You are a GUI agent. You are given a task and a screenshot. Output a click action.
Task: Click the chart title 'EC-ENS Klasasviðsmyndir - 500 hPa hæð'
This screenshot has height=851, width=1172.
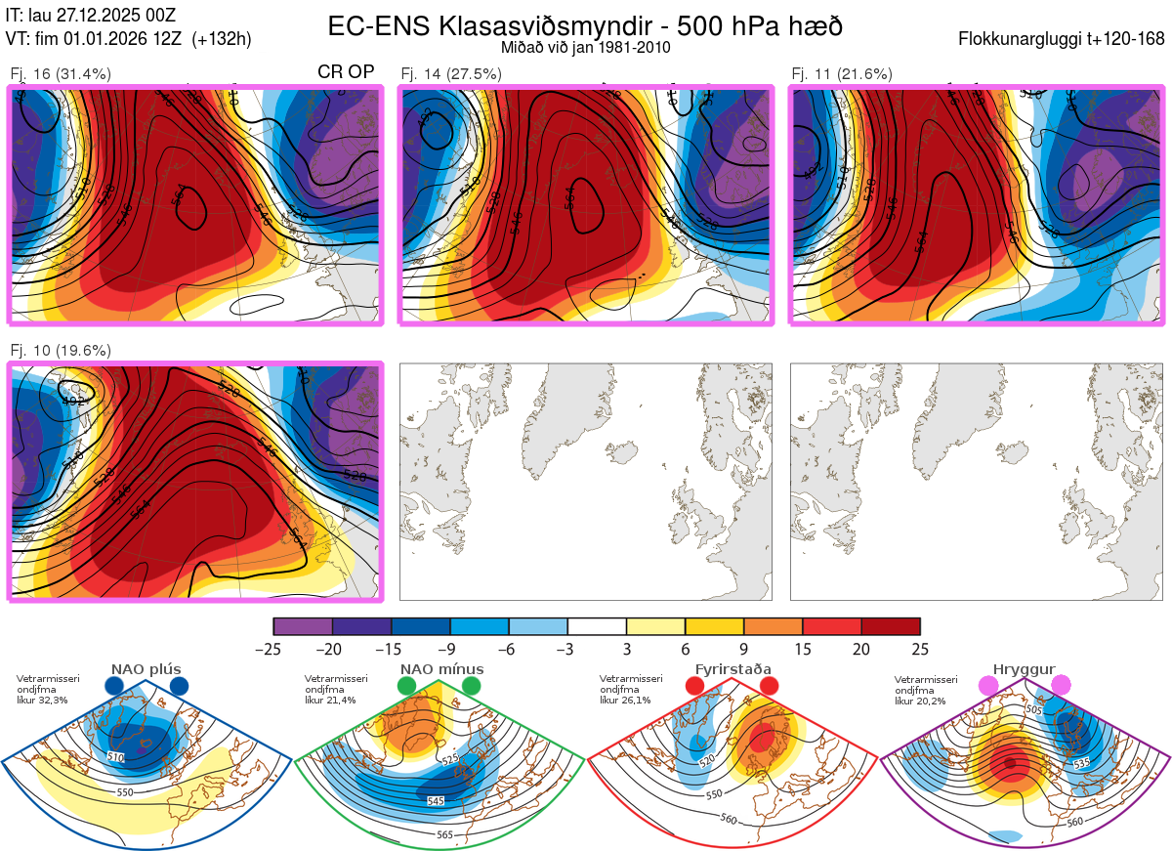(585, 26)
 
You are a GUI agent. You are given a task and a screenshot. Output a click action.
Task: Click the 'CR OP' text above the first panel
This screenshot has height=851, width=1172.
(346, 72)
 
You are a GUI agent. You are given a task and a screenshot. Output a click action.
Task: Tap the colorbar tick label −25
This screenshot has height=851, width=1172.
(273, 649)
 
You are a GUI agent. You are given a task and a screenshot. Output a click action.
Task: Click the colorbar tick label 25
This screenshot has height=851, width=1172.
(919, 649)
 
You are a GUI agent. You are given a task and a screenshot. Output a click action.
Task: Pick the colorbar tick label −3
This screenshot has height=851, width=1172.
(566, 649)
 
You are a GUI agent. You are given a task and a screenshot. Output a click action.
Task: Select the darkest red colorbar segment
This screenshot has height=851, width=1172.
(891, 626)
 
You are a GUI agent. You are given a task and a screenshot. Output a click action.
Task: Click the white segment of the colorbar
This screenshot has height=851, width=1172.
(597, 626)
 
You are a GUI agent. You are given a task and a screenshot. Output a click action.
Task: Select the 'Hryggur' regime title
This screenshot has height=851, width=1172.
(1026, 669)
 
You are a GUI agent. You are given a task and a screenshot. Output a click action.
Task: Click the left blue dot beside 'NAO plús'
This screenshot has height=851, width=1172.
(114, 686)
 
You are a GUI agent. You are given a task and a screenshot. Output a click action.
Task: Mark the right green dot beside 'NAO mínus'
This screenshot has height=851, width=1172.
(472, 686)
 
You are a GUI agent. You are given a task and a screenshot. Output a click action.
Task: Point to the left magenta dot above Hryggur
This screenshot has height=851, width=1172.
(989, 686)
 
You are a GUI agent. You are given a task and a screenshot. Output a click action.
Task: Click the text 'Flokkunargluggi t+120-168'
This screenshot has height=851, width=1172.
(1062, 40)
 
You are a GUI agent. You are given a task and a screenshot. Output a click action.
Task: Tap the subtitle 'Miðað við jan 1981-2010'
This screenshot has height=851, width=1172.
(585, 47)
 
